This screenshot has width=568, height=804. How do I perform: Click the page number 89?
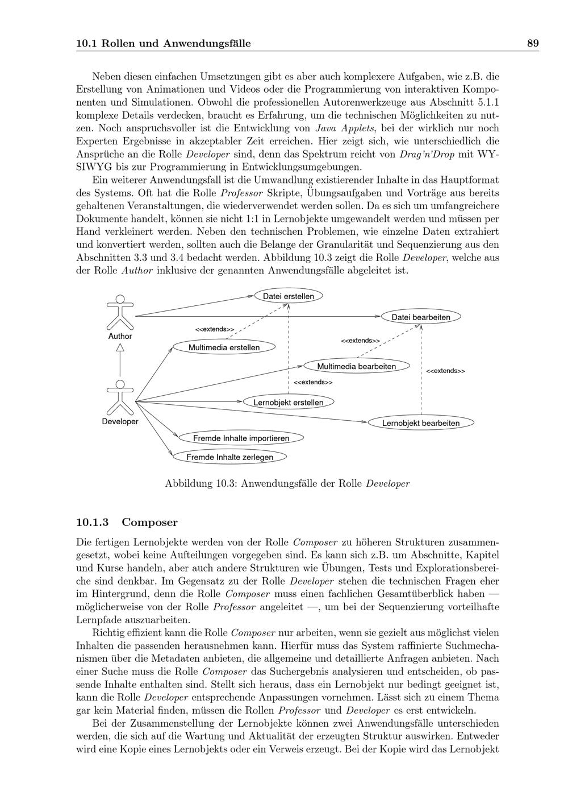(532, 43)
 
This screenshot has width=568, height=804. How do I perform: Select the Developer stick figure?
(120, 397)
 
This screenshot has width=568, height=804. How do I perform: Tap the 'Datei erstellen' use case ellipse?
(289, 296)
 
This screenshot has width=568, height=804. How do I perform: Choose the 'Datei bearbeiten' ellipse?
(421, 317)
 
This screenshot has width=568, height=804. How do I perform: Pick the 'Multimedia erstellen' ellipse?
(224, 347)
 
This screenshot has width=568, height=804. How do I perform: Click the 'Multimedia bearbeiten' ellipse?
(357, 366)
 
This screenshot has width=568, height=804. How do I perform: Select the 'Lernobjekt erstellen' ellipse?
(289, 402)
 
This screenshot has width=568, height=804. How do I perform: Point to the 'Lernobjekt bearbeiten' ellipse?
(421, 422)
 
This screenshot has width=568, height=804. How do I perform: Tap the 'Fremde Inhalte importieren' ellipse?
(241, 438)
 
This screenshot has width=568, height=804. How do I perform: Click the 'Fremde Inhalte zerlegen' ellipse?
(229, 457)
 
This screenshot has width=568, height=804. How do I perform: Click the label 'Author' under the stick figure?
(120, 336)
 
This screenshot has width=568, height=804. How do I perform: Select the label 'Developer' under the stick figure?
(120, 421)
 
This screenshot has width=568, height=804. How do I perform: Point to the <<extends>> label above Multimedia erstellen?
(215, 329)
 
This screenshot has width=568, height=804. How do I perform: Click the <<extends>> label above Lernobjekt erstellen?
(313, 382)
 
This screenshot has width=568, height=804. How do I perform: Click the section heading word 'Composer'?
(149, 522)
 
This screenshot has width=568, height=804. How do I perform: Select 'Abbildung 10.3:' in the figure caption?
(201, 484)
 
